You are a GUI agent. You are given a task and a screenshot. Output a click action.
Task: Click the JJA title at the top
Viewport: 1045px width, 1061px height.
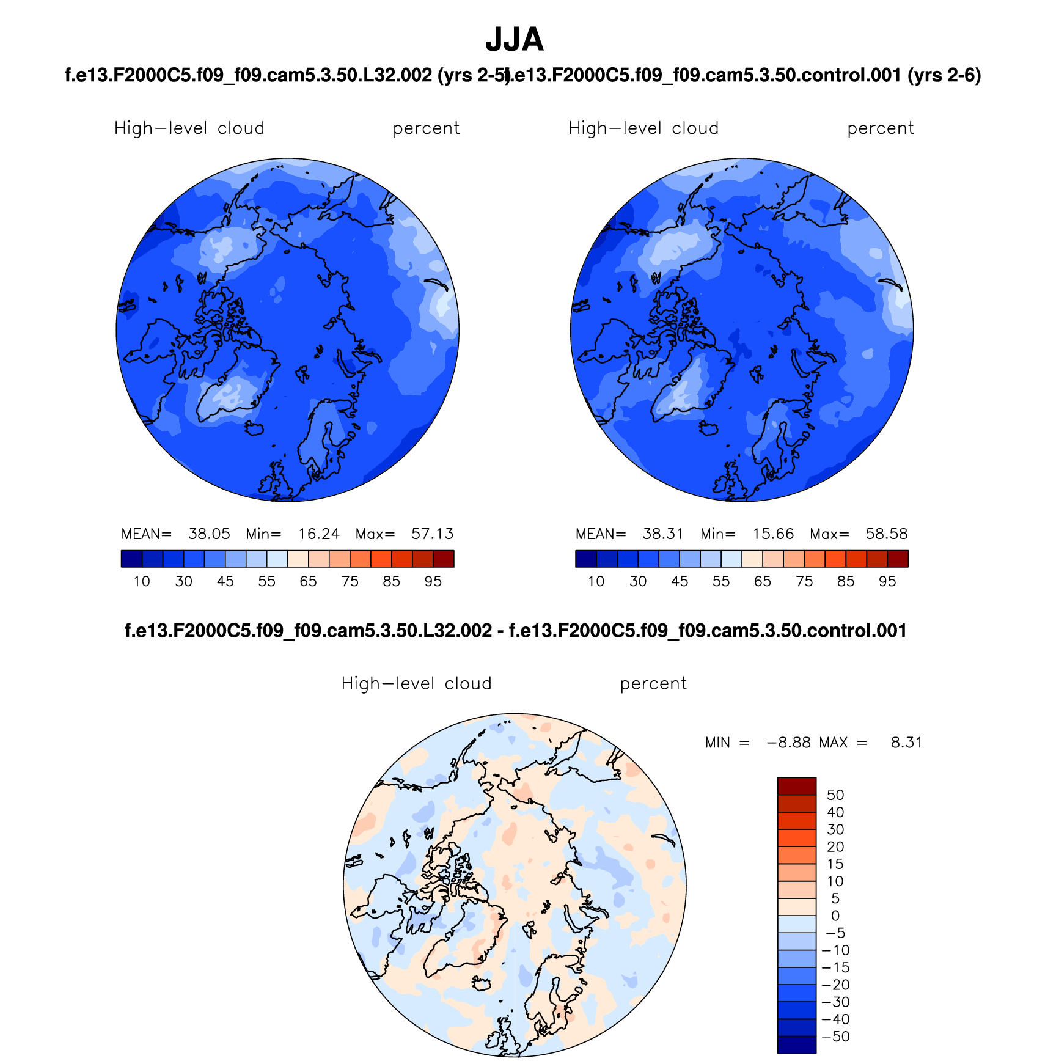coord(514,40)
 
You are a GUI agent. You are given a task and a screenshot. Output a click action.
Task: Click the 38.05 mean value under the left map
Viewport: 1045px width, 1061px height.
coord(209,534)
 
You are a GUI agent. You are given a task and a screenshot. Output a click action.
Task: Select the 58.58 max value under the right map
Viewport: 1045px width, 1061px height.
coord(887,534)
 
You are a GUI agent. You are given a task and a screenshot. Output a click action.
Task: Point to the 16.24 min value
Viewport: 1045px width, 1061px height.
coord(319,534)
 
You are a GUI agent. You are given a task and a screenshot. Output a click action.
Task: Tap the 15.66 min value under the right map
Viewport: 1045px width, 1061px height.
coord(773,534)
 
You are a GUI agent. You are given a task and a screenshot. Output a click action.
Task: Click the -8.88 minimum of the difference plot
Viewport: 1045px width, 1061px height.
coord(788,743)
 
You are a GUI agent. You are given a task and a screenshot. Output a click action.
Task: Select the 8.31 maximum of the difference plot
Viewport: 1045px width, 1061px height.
coord(906,743)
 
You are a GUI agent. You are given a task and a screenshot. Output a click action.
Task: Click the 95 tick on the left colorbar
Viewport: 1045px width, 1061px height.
coord(433,581)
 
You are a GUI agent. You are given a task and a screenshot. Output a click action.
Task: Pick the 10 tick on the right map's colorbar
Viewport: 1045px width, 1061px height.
coord(596,581)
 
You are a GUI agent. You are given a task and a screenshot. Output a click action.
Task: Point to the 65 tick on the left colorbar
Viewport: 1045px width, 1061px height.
coord(308,581)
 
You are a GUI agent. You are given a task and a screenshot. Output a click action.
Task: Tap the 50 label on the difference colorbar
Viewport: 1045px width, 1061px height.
coord(835,795)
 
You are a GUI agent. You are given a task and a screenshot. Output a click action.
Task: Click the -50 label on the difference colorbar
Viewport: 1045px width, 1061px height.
coord(835,1037)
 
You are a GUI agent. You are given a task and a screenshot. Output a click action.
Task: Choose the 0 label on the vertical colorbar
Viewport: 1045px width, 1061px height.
coord(835,916)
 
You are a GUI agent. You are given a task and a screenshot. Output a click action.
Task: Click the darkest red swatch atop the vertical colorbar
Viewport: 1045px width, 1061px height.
coord(797,786)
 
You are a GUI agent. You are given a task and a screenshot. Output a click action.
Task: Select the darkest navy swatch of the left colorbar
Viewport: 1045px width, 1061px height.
coord(131,559)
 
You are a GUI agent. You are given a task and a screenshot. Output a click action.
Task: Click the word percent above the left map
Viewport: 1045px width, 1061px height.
coord(426,128)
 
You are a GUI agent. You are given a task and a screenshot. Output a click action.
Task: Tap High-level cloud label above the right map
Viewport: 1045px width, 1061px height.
coord(643,128)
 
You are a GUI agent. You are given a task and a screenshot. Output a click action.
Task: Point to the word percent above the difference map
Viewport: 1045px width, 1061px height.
coord(653,683)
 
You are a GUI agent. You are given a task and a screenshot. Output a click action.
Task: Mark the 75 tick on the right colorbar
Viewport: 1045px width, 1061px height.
coord(804,581)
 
